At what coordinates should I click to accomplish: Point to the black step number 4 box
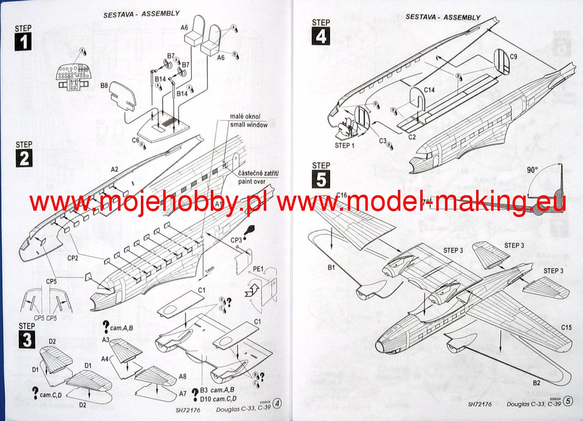(x=320, y=36)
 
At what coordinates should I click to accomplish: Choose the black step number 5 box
(x=321, y=179)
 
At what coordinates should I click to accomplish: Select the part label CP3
(x=237, y=239)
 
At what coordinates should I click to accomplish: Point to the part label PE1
(x=257, y=269)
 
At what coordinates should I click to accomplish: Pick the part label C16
(x=342, y=196)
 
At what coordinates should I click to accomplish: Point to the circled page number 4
(x=277, y=403)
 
